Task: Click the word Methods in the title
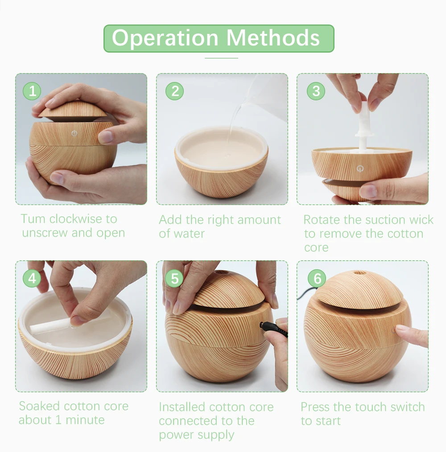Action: [273, 38]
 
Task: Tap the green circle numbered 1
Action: [32, 91]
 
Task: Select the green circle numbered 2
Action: [174, 91]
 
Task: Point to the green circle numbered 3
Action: [316, 91]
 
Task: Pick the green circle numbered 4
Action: [32, 278]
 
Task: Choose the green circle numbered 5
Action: [174, 278]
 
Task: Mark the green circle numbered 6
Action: [317, 278]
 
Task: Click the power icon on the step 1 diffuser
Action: [74, 133]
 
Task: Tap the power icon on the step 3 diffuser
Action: [360, 168]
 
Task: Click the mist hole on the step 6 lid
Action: [359, 272]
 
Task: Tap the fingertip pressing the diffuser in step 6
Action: [401, 329]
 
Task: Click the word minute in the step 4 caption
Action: [85, 420]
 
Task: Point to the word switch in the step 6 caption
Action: [407, 407]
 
